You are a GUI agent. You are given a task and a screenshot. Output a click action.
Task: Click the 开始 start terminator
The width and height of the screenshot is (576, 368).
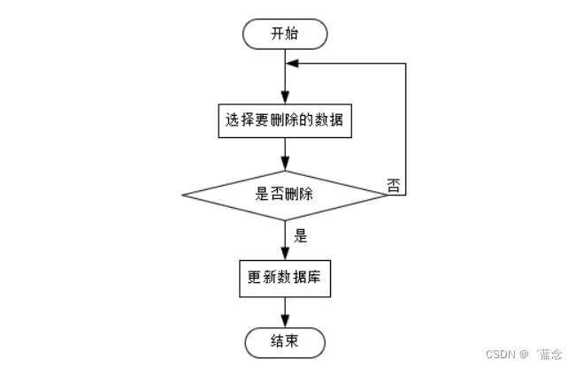[285, 34]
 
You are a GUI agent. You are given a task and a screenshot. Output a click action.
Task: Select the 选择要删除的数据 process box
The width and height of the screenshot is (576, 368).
[285, 122]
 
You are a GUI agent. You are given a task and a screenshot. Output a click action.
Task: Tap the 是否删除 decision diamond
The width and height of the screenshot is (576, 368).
[285, 195]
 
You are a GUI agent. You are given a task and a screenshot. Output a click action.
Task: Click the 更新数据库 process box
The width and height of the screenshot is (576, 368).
[285, 278]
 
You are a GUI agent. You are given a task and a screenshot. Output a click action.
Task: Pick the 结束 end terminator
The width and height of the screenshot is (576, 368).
[285, 341]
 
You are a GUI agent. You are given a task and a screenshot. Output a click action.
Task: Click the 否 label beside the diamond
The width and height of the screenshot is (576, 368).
[394, 184]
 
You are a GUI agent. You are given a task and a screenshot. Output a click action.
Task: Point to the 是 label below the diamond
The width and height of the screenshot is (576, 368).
[299, 235]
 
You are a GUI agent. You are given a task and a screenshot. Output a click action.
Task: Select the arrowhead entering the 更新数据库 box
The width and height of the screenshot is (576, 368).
[285, 254]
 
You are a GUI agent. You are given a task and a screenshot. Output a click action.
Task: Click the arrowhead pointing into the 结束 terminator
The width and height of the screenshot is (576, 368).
[285, 323]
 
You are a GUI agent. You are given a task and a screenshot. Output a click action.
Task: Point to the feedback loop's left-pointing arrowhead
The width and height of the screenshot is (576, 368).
[293, 64]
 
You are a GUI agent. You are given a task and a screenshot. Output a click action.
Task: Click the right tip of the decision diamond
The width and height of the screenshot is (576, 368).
[388, 195]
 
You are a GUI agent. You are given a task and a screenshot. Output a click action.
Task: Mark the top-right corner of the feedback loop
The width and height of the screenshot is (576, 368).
[405, 64]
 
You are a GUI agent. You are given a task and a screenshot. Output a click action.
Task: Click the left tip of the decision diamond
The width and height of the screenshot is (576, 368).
[182, 195]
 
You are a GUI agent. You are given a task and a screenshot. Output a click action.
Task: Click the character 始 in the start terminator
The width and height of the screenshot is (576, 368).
[294, 34]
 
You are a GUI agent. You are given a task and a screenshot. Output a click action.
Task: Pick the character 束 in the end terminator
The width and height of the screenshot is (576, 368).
[294, 341]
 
